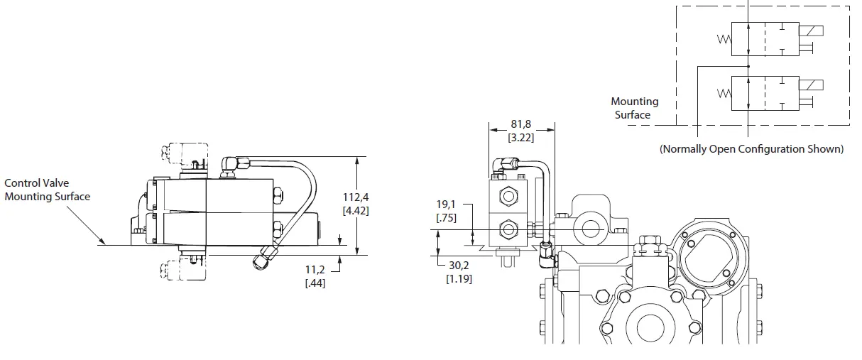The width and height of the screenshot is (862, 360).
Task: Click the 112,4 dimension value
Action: (x=356, y=197)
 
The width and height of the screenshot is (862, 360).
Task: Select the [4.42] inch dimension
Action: (x=356, y=210)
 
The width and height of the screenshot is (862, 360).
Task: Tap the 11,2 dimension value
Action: (x=315, y=271)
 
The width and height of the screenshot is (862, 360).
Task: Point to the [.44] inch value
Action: (x=315, y=283)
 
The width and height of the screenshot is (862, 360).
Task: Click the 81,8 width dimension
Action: (x=521, y=124)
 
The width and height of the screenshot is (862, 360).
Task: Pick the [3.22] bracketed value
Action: (x=521, y=137)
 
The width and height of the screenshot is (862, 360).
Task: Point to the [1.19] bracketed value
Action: (x=459, y=278)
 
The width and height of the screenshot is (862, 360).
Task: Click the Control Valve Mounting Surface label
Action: (x=48, y=190)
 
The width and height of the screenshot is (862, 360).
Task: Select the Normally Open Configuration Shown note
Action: (x=751, y=149)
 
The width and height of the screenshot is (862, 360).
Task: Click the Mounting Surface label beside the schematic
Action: (x=635, y=108)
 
